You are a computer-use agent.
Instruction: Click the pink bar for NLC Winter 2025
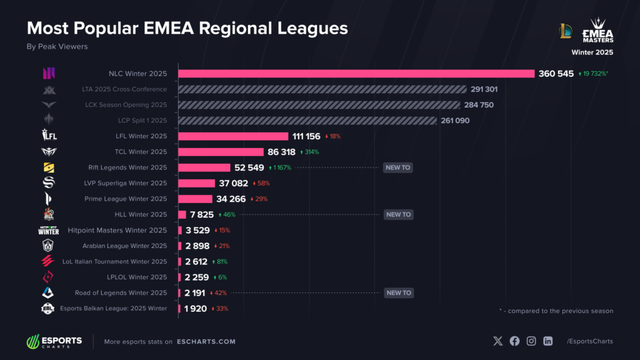(356, 74)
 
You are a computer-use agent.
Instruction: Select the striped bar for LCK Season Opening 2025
(319, 105)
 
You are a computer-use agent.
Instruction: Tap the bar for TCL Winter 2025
(221, 152)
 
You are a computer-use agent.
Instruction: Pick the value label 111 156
(306, 136)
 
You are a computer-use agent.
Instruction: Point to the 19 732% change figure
(594, 74)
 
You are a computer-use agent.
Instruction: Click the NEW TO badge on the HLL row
(398, 215)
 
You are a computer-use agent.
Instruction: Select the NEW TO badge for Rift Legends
(398, 167)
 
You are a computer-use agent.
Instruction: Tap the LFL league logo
(49, 135)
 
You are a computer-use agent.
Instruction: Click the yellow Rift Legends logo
(49, 167)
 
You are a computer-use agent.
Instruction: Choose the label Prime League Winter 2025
(126, 199)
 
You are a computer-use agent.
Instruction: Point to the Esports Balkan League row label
(114, 309)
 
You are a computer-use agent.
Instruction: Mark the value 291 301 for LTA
(484, 89)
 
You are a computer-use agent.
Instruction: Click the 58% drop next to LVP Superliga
(261, 183)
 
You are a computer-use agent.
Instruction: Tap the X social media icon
(497, 341)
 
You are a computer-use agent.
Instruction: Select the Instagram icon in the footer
(531, 341)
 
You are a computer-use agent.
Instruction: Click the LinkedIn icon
(547, 341)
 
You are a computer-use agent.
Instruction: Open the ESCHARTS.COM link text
(206, 342)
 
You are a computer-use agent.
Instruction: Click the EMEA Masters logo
(597, 30)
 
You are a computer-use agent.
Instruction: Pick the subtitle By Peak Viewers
(57, 46)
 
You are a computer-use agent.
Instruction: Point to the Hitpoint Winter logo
(49, 231)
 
